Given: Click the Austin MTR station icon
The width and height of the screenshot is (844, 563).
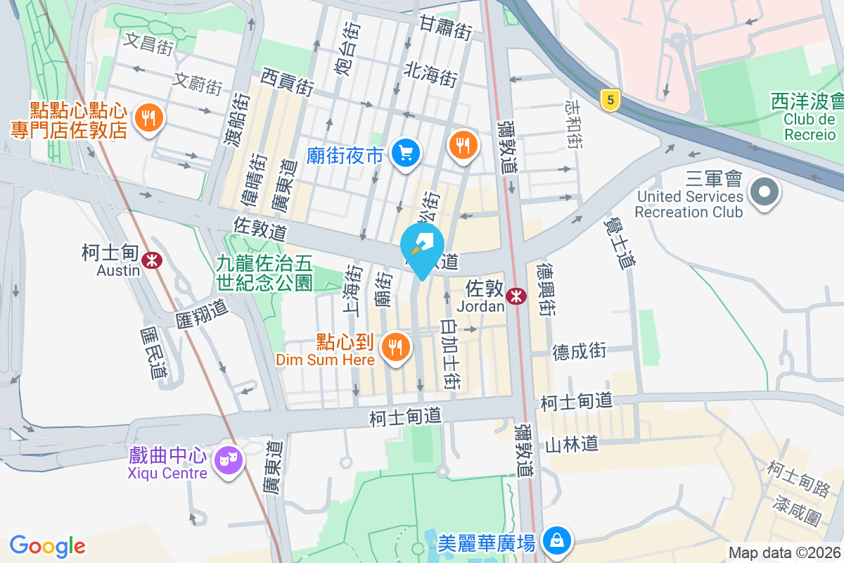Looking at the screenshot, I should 151,260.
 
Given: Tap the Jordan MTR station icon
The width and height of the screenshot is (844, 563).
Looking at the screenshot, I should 516,296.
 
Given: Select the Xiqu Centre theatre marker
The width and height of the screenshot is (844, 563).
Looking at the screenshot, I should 229,461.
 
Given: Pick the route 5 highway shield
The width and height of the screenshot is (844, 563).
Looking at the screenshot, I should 610,101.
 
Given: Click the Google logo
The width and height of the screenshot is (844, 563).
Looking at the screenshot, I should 47,546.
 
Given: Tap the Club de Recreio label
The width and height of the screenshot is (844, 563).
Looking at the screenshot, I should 810,127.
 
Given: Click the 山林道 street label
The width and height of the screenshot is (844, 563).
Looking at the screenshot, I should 571,444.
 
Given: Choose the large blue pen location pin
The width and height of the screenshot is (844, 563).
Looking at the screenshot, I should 422,248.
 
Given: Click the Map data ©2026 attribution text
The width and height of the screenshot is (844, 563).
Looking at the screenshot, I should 784,553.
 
